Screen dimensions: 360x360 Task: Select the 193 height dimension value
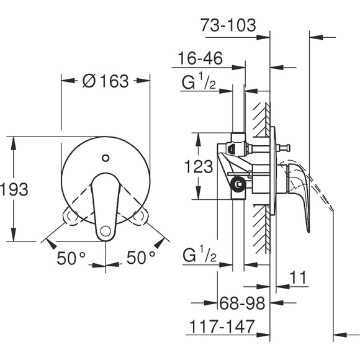[14, 190]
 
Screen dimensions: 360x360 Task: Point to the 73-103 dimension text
[229, 25]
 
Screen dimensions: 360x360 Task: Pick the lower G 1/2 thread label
[198, 254]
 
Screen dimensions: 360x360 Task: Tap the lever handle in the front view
[104, 205]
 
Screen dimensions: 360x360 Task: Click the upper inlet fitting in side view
[235, 148]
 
